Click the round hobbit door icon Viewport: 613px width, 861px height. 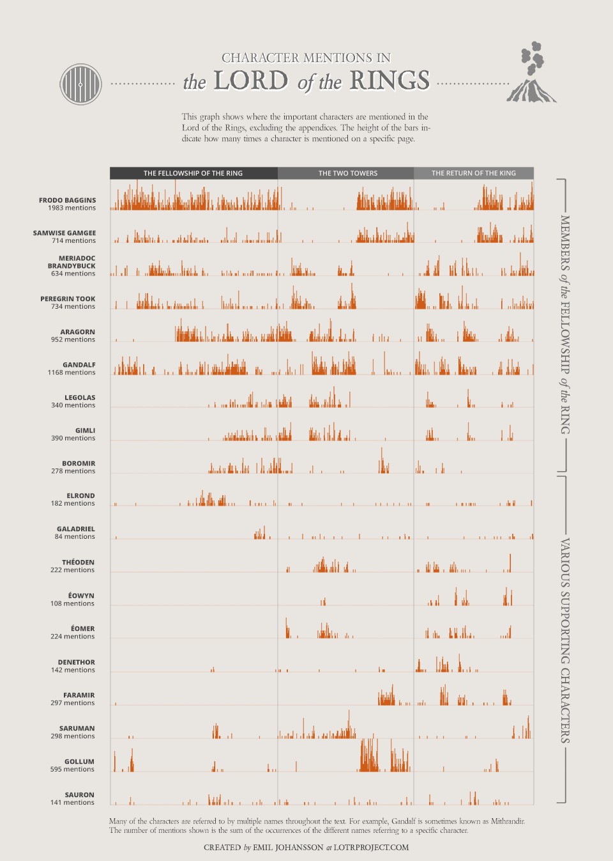(x=80, y=84)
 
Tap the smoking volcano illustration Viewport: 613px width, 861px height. (x=532, y=73)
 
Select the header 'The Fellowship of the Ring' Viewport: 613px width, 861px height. (x=193, y=173)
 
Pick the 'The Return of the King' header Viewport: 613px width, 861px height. (x=473, y=173)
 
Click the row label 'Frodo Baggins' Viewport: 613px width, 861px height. (x=67, y=200)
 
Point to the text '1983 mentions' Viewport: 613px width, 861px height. (x=72, y=208)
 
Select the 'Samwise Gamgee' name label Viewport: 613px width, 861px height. (x=64, y=233)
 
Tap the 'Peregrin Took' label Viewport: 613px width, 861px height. (x=68, y=299)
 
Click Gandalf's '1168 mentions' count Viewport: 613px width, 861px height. (x=72, y=373)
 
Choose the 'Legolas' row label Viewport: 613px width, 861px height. (x=80, y=398)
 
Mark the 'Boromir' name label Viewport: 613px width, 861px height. (x=79, y=463)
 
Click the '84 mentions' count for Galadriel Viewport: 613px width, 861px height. (x=75, y=537)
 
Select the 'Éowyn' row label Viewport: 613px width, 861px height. (x=81, y=595)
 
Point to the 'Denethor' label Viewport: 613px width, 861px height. (x=77, y=662)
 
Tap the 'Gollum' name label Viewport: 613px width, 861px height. (x=79, y=761)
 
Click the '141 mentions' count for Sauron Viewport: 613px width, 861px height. (x=72, y=803)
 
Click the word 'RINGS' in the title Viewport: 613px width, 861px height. (x=390, y=81)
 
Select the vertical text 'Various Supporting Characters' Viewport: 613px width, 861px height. (x=565, y=640)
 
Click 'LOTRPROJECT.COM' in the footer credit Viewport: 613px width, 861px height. (x=371, y=848)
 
